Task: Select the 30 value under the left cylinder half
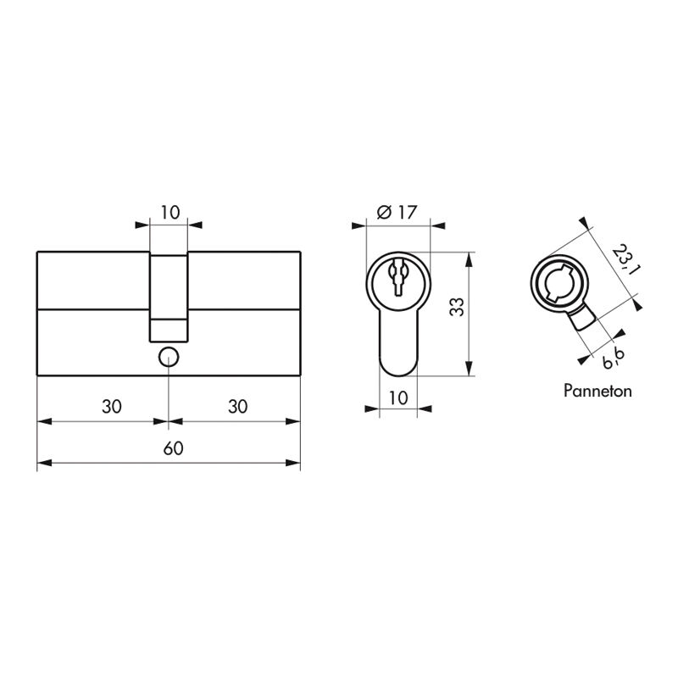click(111, 406)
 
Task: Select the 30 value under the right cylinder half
click(238, 406)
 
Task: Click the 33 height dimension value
click(456, 307)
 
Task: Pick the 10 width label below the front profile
click(397, 397)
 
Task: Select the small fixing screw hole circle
click(169, 357)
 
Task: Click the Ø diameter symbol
click(381, 212)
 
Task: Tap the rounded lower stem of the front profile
click(397, 347)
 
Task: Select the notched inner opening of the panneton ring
click(558, 282)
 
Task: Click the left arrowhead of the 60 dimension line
click(42, 464)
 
